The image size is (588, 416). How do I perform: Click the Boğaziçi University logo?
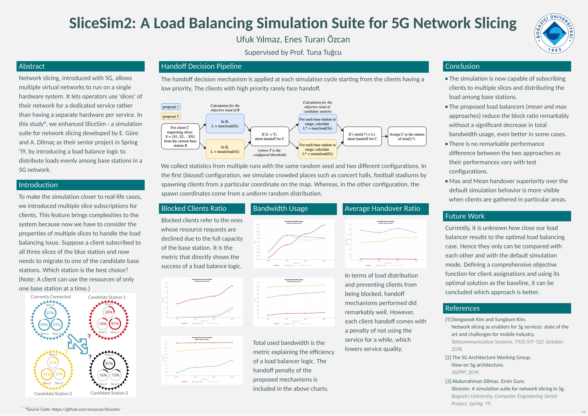point(554,33)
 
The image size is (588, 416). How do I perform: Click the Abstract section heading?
point(32,66)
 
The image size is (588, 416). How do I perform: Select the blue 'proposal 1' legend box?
point(171,107)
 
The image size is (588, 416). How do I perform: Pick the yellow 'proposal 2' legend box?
point(171,116)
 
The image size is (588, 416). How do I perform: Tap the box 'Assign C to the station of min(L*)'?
point(407,136)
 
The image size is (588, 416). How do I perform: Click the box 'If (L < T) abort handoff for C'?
point(269,136)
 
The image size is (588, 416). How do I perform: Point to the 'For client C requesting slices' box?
point(180,136)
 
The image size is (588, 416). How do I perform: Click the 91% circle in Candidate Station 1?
point(115,324)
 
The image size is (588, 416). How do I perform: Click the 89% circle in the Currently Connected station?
point(44,325)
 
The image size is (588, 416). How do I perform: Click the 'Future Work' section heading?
point(465,216)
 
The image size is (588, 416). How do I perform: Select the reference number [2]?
point(448,357)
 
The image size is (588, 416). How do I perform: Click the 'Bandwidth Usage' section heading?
point(280,209)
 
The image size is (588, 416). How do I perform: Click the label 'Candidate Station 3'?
point(109,393)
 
